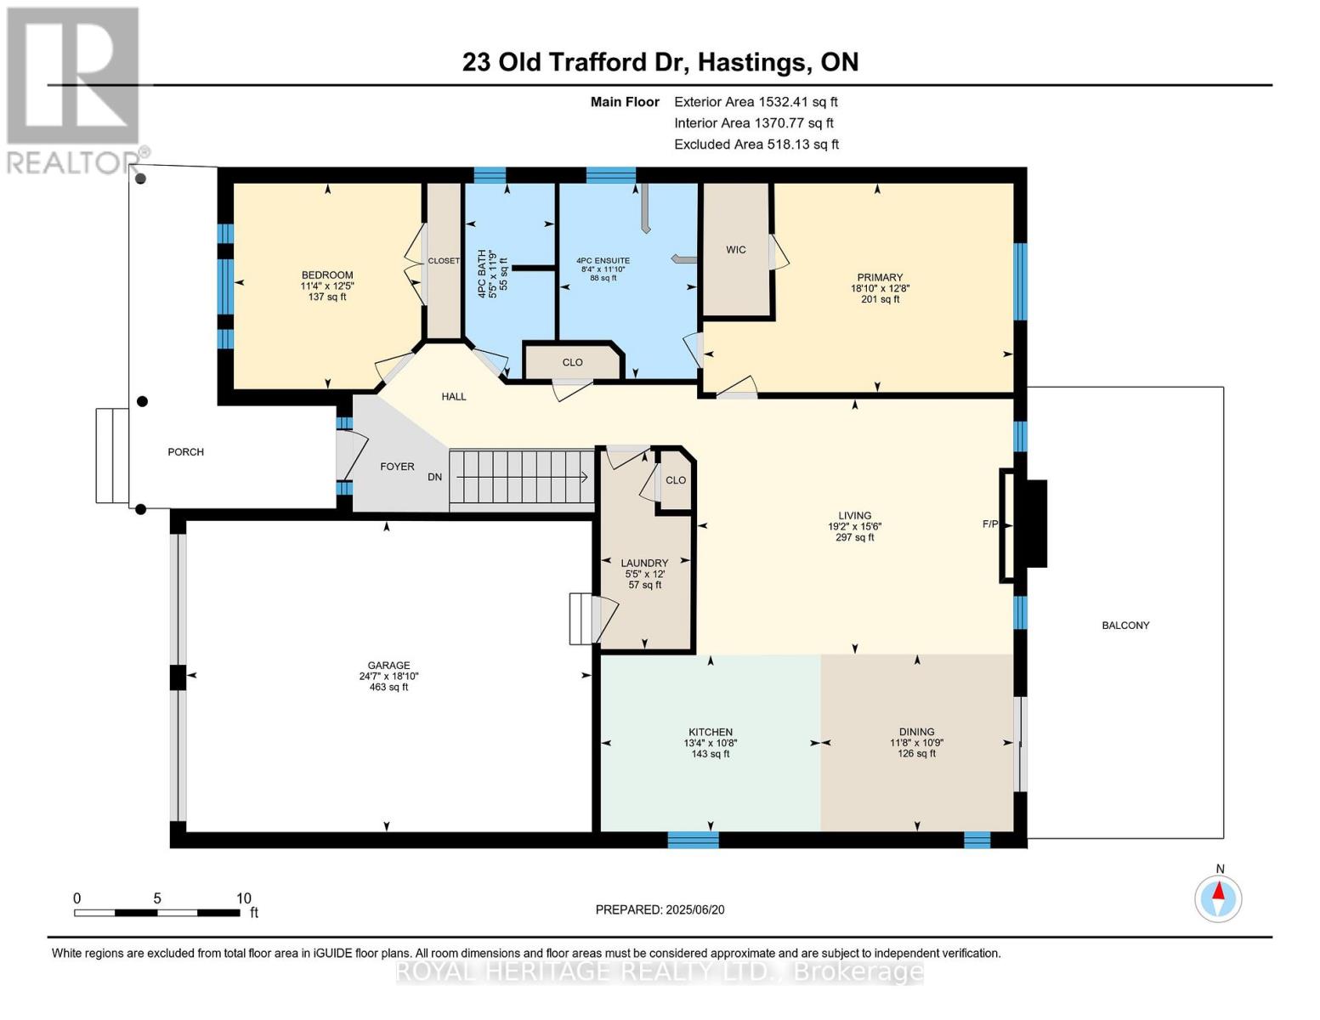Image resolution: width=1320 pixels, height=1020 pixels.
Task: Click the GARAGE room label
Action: (388, 666)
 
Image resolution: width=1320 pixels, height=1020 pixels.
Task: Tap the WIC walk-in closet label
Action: (736, 250)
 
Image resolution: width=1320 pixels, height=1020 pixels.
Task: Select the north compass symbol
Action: (1218, 898)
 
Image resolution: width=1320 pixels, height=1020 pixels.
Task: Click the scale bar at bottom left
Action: (157, 913)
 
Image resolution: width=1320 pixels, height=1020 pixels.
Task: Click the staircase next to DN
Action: (520, 478)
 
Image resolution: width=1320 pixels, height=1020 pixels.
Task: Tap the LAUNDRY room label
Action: (644, 563)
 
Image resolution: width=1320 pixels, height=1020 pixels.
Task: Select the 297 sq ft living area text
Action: (855, 537)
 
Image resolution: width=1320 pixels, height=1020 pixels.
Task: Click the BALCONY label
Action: (1125, 626)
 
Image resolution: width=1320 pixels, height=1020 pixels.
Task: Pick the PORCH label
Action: (185, 452)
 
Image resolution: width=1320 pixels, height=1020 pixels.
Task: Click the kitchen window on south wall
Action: (693, 840)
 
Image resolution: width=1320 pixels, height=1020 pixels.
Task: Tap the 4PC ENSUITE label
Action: (603, 261)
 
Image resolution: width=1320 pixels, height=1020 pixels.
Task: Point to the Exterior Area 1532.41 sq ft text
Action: (756, 102)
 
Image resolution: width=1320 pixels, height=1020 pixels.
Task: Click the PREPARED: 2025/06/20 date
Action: (660, 909)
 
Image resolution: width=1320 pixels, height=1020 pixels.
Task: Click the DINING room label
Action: (916, 732)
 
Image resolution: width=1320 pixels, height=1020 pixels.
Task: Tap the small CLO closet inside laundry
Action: (676, 480)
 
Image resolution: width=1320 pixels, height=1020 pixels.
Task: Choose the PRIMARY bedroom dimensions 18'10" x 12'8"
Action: (880, 288)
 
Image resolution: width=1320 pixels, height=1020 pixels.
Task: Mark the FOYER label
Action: (397, 467)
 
